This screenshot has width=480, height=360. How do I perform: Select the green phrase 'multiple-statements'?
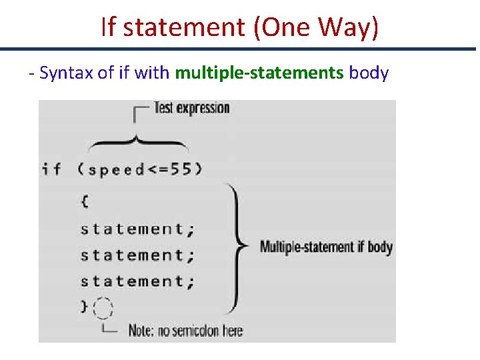(259, 73)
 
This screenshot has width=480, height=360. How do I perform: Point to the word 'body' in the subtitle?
(369, 73)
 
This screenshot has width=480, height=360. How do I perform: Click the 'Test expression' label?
(191, 108)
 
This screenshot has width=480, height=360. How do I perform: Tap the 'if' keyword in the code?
(51, 169)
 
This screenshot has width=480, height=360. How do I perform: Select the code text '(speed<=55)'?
(140, 169)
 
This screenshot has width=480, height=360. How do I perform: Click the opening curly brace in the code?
(85, 199)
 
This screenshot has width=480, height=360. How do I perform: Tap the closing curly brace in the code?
(84, 307)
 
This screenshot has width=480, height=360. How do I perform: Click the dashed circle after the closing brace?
(103, 309)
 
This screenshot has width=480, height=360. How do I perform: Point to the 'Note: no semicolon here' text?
(185, 331)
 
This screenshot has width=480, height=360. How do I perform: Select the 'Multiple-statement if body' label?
(326, 247)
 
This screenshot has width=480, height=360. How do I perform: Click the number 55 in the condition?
(180, 169)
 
